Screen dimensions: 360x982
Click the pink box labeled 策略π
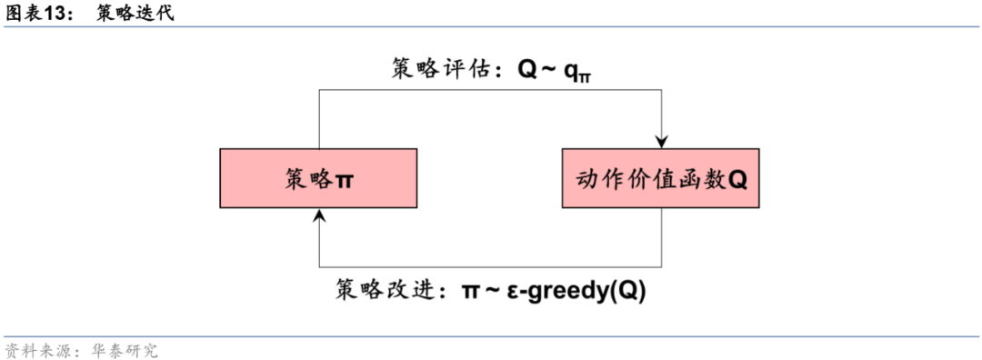(318, 179)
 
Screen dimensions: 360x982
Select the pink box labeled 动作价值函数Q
(661, 179)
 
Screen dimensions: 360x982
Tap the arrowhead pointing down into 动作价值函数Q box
(661, 141)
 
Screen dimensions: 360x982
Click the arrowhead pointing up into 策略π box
(318, 215)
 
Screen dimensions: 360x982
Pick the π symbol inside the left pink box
(346, 180)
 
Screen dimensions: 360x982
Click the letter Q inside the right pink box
(737, 180)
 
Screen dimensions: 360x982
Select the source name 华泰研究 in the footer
(118, 350)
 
